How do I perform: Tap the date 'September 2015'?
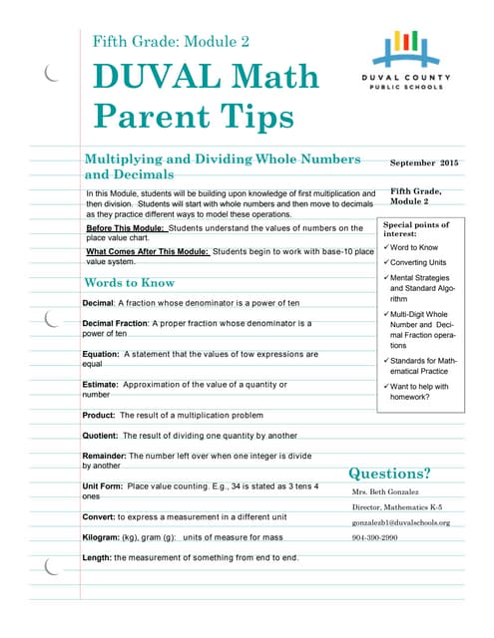(424, 162)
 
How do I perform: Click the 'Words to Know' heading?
(130, 283)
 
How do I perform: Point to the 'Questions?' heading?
(389, 473)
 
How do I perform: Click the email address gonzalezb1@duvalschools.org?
(401, 522)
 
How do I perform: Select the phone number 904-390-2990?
(374, 538)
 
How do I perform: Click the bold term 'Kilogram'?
(103, 537)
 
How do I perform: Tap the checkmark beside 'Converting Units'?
(386, 262)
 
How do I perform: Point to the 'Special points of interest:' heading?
(416, 229)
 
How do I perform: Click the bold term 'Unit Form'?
(104, 485)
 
